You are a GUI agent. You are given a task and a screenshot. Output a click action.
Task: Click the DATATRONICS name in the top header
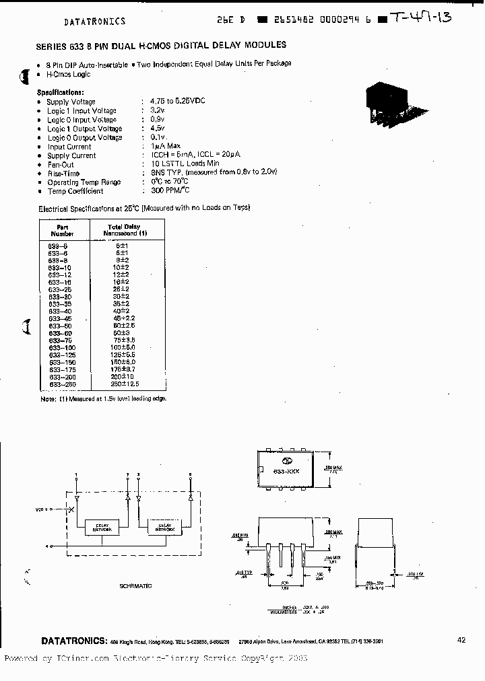94,22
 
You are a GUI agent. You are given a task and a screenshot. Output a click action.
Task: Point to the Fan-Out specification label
61,164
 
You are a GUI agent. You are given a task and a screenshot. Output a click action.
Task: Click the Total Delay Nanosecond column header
124,230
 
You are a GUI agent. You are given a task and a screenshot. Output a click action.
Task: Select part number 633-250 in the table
62,384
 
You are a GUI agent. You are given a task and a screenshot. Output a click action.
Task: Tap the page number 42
461,640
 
